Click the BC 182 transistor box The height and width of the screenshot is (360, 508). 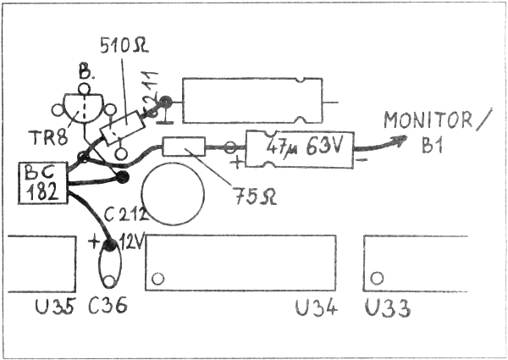pyautogui.click(x=43, y=183)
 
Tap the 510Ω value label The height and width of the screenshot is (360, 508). pyautogui.click(x=124, y=47)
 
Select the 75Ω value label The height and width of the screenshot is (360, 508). pyautogui.click(x=256, y=197)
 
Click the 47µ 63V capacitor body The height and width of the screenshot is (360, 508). pyautogui.click(x=299, y=149)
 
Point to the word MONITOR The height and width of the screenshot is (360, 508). pyautogui.click(x=428, y=120)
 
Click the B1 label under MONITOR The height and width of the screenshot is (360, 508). pyautogui.click(x=432, y=144)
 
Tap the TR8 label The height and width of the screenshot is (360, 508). pyautogui.click(x=48, y=137)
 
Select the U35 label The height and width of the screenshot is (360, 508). pyautogui.click(x=56, y=306)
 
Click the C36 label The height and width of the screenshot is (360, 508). pyautogui.click(x=108, y=306)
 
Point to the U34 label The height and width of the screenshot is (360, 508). pyautogui.click(x=317, y=307)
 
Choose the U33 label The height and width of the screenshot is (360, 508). pyautogui.click(x=388, y=307)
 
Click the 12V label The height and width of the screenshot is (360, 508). pyautogui.click(x=130, y=241)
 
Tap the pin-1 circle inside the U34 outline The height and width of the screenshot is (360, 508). pyautogui.click(x=157, y=279)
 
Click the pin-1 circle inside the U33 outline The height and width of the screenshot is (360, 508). pyautogui.click(x=377, y=278)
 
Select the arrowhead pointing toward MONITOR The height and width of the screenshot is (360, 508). pyautogui.click(x=400, y=140)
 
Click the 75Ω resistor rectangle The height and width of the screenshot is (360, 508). pyautogui.click(x=184, y=147)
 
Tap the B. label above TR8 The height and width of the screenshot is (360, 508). pyautogui.click(x=85, y=73)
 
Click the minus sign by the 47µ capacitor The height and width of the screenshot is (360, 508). pyautogui.click(x=362, y=159)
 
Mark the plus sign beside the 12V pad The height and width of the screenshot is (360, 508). pyautogui.click(x=93, y=242)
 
